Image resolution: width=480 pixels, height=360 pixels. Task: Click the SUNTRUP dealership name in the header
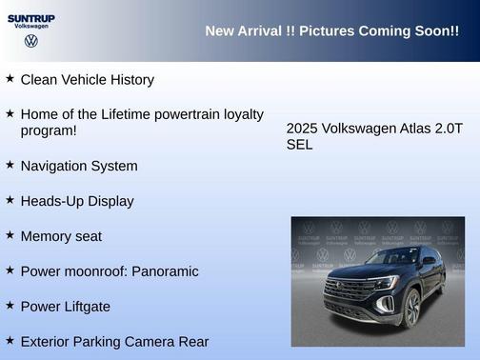[x=31, y=17]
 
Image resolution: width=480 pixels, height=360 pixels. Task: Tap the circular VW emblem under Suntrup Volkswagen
[x=31, y=41]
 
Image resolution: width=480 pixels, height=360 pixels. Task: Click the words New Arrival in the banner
[x=243, y=31]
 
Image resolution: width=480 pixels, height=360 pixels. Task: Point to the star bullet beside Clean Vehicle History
[x=10, y=79]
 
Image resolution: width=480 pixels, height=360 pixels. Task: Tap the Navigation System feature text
[x=79, y=166]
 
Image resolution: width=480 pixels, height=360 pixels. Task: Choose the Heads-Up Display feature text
[x=77, y=201]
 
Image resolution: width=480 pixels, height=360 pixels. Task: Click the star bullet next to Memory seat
[x=10, y=235]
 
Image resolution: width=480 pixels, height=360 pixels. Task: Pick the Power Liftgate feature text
[x=66, y=307]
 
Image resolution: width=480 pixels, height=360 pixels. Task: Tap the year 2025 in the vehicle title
[x=302, y=129]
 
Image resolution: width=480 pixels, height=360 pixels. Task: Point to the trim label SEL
[x=299, y=145]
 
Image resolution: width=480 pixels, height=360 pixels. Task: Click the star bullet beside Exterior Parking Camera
[x=10, y=340]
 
